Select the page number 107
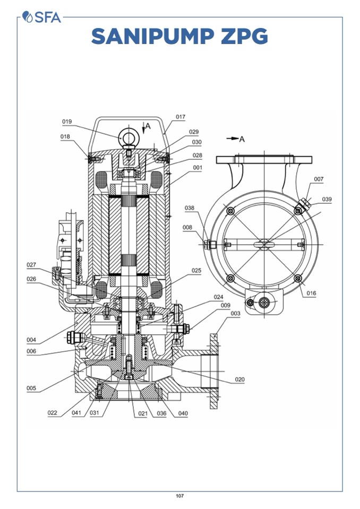point(180,496)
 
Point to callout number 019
point(66,122)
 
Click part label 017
point(181,117)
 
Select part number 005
point(31,388)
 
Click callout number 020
point(239,379)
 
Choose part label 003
point(235,314)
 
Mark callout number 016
point(311,292)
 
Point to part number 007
point(318,179)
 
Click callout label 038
point(190,208)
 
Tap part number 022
point(52,413)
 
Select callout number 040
point(183,413)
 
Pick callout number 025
point(196,270)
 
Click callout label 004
point(31,340)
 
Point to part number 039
point(327,199)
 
